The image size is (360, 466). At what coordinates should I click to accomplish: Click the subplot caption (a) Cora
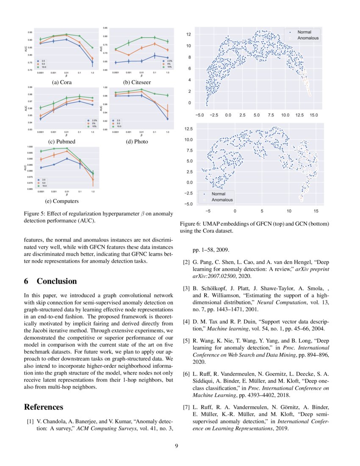pos(61,82)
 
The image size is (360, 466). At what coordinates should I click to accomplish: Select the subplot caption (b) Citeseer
pos(136,82)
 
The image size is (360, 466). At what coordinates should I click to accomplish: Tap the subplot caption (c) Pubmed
pos(61,141)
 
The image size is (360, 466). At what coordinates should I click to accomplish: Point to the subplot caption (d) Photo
pos(137,141)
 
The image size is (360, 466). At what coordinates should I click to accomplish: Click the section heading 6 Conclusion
pos(50,281)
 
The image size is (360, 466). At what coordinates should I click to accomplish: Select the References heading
pos(44,407)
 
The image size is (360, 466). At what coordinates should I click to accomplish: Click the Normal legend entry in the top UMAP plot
pos(304,32)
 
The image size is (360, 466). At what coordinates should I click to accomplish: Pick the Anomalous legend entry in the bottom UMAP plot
pos(222,200)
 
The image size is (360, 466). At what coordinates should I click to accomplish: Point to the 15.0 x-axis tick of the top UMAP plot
pos(313,114)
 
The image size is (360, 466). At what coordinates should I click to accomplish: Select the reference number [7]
pos(186,408)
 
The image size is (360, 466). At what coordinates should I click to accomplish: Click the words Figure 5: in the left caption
pos(36,214)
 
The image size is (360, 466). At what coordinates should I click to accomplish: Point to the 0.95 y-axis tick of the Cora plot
pos(30,32)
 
